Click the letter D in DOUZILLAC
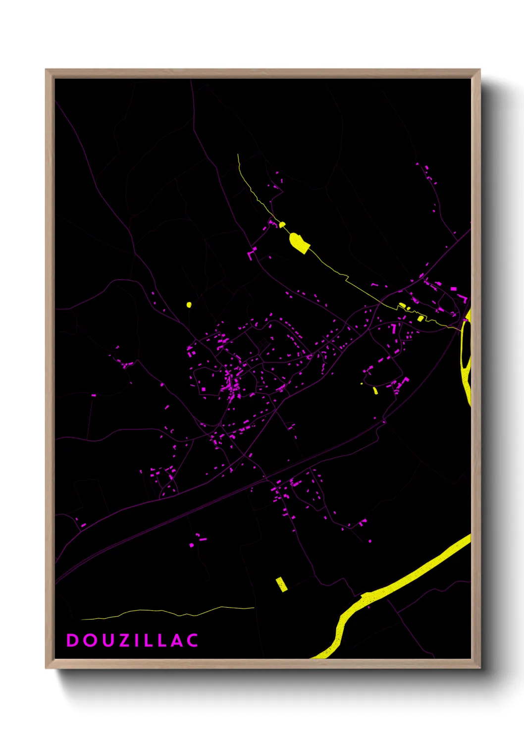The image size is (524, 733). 72,640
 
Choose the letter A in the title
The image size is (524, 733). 176,640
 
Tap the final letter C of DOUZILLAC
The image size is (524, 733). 193,640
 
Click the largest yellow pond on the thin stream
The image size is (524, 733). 299,242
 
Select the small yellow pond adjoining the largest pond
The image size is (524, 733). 282,225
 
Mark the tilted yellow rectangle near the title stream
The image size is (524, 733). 281,584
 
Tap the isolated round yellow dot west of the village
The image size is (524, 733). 189,305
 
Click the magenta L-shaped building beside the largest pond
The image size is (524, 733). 252,254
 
